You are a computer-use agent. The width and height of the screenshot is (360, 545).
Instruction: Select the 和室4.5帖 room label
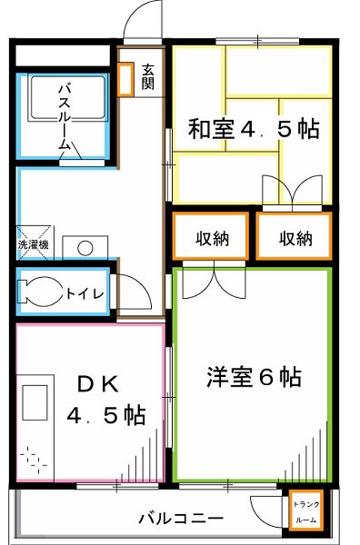pos(254,129)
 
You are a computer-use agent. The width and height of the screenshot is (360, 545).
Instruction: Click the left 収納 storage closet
pos(212,238)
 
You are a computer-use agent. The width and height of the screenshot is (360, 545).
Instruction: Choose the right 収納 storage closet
pos(295,238)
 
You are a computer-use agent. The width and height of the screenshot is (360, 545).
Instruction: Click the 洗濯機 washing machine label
pos(34,244)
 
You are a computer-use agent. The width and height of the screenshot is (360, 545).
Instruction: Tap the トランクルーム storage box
pos(303,511)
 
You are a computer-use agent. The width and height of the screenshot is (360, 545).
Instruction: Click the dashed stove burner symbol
pos(35,458)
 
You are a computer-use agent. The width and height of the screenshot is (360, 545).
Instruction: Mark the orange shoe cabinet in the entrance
pos(125,78)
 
